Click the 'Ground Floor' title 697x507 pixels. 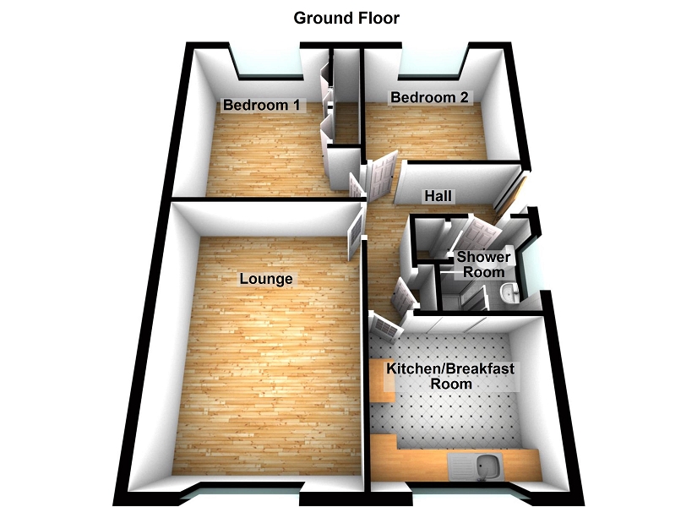coord(346,17)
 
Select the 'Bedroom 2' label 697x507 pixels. coord(429,98)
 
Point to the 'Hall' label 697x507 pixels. coord(438,196)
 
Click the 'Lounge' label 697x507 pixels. coord(266,278)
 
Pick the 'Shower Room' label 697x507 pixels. coord(484,264)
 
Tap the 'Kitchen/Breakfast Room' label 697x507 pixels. coord(450,376)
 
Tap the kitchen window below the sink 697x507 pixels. coord(463,493)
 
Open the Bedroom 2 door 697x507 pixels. coord(383,173)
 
